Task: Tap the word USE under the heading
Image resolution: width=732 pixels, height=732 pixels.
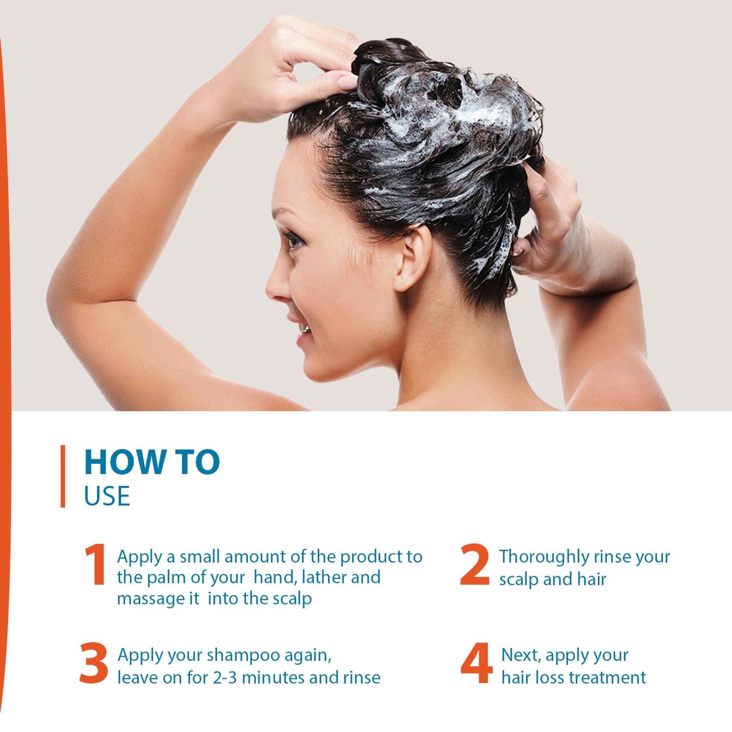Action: pyautogui.click(x=107, y=496)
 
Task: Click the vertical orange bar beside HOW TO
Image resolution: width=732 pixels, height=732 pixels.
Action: pyautogui.click(x=63, y=476)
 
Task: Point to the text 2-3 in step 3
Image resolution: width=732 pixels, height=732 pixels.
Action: pyautogui.click(x=225, y=677)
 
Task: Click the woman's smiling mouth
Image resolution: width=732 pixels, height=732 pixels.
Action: pyautogui.click(x=303, y=330)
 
